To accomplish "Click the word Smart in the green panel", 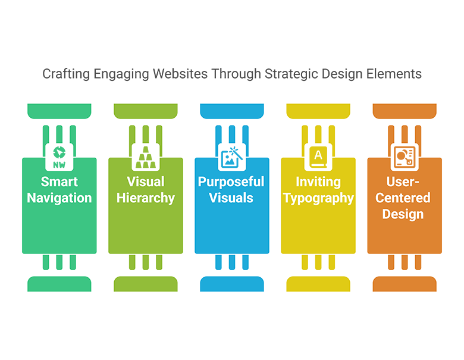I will (x=59, y=182).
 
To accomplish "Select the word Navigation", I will (x=59, y=198).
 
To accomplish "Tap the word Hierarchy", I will (x=146, y=198).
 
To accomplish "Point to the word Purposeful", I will (x=231, y=182).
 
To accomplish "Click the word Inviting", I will (x=318, y=182).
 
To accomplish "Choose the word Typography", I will (x=318, y=198).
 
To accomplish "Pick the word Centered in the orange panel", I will (x=405, y=198).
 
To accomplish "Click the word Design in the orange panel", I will (x=405, y=214).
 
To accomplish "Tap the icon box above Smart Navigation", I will (x=59, y=156).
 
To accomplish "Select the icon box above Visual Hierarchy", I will (x=146, y=156).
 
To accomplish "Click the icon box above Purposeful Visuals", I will (x=232, y=156).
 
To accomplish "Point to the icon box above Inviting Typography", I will (x=318, y=156).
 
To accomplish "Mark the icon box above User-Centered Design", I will (x=405, y=156).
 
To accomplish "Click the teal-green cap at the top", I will (x=59, y=111).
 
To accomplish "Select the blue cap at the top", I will (x=232, y=111).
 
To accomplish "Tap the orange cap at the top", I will (x=405, y=111).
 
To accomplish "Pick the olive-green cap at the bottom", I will (x=146, y=284).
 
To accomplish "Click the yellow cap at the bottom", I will (x=318, y=284).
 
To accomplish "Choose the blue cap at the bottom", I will (x=232, y=284).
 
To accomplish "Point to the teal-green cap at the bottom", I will (x=59, y=284).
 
